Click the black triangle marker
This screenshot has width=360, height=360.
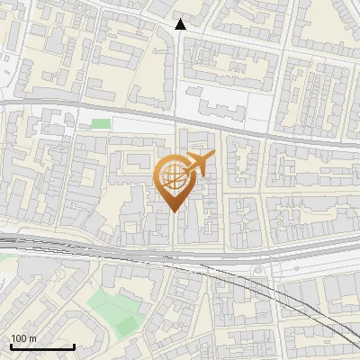(181, 24)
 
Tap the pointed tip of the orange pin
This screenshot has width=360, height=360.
(173, 211)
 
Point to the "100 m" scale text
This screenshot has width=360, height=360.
(23, 338)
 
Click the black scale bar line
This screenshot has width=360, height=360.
(42, 346)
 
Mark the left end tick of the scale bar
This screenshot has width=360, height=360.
(11, 346)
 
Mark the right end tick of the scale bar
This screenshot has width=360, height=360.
(74, 346)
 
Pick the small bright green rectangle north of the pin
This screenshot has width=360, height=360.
(101, 123)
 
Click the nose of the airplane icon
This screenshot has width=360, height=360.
(213, 157)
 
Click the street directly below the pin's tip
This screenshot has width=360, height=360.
(173, 229)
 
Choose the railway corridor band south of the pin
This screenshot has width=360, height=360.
(135, 251)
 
